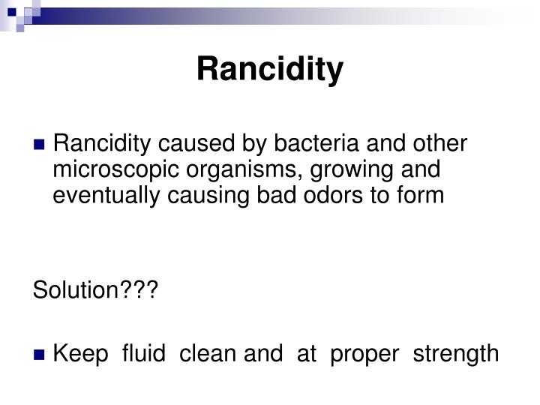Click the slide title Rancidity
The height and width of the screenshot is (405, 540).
(270, 70)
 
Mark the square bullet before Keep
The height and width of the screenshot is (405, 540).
(40, 353)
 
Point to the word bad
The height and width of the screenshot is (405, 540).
(297, 195)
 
